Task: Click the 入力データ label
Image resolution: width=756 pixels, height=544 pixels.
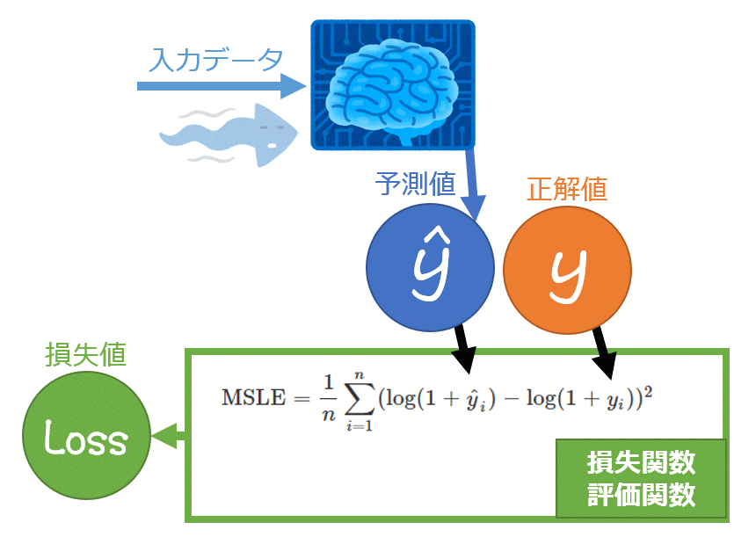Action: [x=215, y=59]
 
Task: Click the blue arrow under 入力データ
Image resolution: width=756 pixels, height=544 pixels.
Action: [x=220, y=86]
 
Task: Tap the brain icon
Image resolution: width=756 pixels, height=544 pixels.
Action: [x=392, y=84]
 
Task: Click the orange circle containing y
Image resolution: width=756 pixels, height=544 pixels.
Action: [x=567, y=272]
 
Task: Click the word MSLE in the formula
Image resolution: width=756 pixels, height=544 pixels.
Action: [x=251, y=396]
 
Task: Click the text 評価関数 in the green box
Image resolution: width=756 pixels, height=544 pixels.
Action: [x=641, y=496]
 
